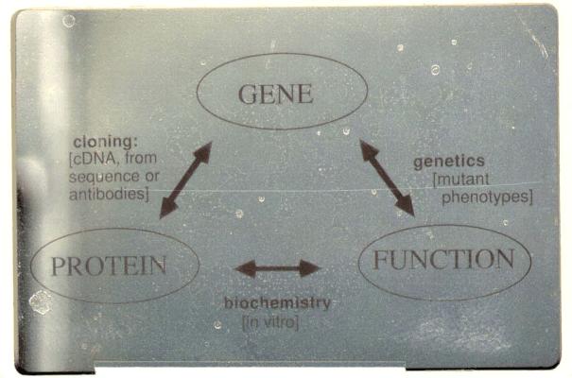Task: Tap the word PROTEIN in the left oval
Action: click(x=108, y=266)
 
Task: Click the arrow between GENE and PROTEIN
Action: click(x=185, y=180)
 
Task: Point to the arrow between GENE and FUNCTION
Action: click(x=386, y=177)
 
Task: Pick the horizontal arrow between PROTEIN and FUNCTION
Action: click(x=278, y=268)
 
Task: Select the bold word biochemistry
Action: click(x=277, y=304)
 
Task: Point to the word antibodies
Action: click(x=110, y=195)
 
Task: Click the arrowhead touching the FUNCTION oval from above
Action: click(x=406, y=204)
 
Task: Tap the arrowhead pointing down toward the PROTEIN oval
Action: click(x=167, y=209)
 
